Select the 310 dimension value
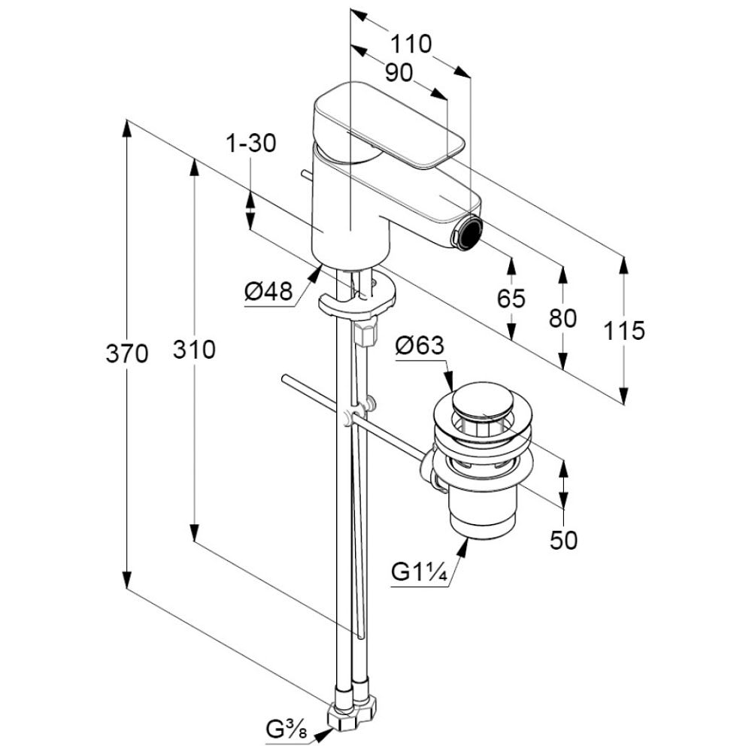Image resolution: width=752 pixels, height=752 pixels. click(194, 349)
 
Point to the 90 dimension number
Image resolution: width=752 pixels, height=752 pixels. click(398, 73)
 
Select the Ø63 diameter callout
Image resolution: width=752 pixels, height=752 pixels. click(420, 346)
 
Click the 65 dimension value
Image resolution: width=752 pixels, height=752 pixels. click(511, 299)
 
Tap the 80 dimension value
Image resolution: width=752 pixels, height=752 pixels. click(562, 318)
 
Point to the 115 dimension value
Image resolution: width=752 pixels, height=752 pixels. click(623, 329)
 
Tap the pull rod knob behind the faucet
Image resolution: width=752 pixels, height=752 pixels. click(305, 174)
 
